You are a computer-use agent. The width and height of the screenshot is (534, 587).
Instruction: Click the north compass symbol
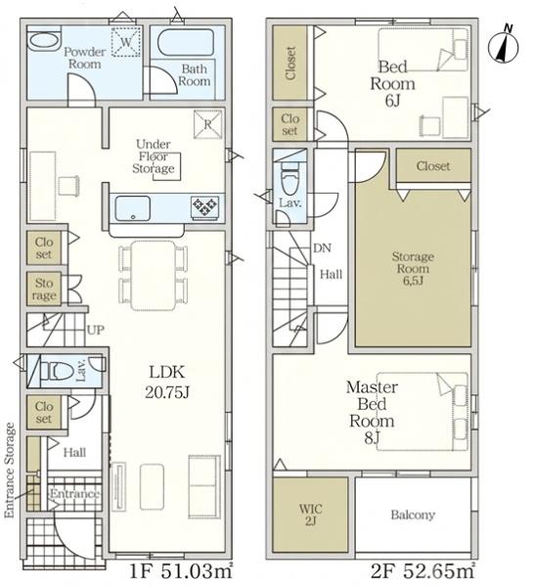click(504, 46)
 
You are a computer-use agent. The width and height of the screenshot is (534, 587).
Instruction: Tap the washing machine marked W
click(126, 41)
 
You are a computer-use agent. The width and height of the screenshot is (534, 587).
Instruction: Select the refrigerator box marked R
click(208, 124)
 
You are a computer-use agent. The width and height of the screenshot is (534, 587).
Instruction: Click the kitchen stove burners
click(204, 206)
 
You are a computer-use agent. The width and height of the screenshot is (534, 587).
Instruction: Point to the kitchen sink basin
click(132, 208)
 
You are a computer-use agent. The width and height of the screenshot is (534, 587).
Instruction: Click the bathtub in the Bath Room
click(186, 42)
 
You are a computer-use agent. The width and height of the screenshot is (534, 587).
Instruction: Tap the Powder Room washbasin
click(44, 39)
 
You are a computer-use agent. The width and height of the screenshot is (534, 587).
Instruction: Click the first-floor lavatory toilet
click(58, 371)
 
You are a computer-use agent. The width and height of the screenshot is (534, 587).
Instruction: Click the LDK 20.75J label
click(167, 382)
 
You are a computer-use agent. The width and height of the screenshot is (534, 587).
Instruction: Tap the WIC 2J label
click(311, 515)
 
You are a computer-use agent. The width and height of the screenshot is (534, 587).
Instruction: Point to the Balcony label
click(413, 515)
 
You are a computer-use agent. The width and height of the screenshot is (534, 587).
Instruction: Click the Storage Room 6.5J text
click(413, 268)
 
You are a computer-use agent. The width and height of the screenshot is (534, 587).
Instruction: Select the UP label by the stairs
click(96, 330)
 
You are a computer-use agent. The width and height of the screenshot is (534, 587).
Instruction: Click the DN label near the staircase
click(322, 248)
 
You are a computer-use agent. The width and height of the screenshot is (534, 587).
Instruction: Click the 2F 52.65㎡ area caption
click(423, 571)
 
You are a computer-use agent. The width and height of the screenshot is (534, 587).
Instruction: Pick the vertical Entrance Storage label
click(10, 471)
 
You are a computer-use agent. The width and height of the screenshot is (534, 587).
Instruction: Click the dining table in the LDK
click(154, 276)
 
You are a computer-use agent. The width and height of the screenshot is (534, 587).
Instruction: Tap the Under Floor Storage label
click(154, 157)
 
